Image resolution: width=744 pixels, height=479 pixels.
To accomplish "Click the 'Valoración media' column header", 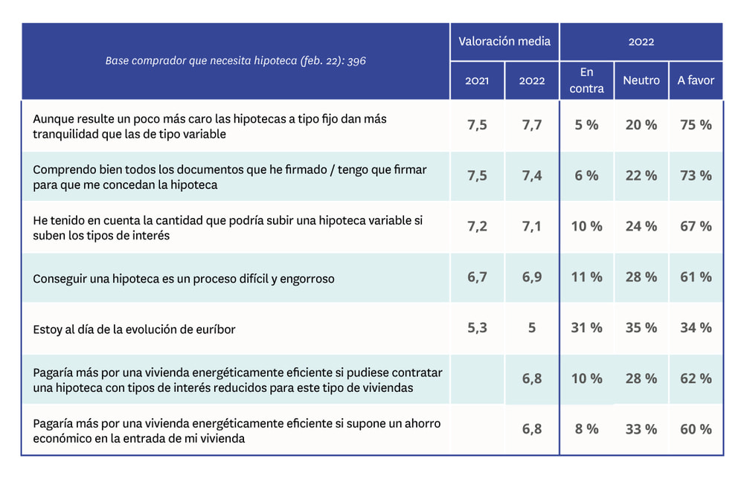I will click(x=504, y=41).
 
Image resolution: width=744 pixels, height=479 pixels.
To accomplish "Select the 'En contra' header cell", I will click(x=586, y=80).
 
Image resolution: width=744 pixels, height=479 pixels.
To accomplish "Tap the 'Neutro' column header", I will click(x=641, y=80).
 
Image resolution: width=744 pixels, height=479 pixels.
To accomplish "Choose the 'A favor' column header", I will click(x=696, y=80).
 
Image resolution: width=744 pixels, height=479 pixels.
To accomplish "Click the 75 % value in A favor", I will click(x=696, y=125).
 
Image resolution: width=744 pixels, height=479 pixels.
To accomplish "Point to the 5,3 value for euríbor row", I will click(x=477, y=327).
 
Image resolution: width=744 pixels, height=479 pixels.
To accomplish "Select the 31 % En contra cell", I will click(x=586, y=328).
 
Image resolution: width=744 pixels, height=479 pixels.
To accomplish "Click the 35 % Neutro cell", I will click(x=641, y=328).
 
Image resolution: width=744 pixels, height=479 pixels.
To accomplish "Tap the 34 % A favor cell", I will click(x=696, y=328).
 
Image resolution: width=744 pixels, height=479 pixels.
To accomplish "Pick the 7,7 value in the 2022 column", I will click(x=532, y=125).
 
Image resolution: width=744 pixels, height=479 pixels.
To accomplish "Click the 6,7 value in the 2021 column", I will click(x=477, y=277).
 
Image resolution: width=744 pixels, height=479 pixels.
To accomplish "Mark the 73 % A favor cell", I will click(x=696, y=176).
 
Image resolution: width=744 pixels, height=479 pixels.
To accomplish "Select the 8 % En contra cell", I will click(x=586, y=429).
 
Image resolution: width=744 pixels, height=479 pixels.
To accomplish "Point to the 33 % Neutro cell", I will click(x=641, y=429).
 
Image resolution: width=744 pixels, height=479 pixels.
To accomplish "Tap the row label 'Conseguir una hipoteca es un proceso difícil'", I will click(x=184, y=279).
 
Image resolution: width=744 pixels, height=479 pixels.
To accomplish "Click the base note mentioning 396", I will click(x=235, y=60).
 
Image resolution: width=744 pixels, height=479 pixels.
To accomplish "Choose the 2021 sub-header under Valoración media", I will click(x=477, y=80).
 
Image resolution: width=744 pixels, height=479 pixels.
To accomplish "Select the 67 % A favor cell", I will click(x=696, y=226).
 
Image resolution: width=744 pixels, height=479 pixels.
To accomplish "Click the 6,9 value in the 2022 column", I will click(x=532, y=277).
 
